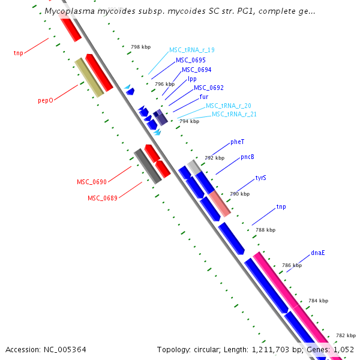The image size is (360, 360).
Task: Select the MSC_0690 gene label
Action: [x=91, y=182]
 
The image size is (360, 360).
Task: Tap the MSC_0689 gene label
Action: [x=102, y=198]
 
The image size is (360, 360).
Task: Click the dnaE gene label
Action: [x=318, y=253]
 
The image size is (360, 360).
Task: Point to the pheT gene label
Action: [x=238, y=142]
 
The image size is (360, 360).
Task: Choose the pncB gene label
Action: [x=248, y=157]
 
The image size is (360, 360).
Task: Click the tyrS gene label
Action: [x=260, y=178]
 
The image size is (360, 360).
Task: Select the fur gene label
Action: [x=204, y=97]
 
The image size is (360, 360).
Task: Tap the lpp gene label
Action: [x=192, y=79]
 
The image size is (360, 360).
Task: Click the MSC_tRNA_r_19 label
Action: [x=192, y=50]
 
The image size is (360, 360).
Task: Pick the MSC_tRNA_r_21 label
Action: [x=234, y=114]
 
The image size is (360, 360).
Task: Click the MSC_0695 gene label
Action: [x=191, y=60]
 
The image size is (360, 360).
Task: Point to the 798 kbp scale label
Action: [x=141, y=46]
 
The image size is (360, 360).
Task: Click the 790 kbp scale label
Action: [x=240, y=194]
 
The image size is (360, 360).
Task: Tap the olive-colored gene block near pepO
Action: [x=88, y=78]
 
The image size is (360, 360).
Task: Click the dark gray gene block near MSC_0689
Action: [x=148, y=166]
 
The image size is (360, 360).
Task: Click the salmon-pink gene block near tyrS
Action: [x=220, y=203]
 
